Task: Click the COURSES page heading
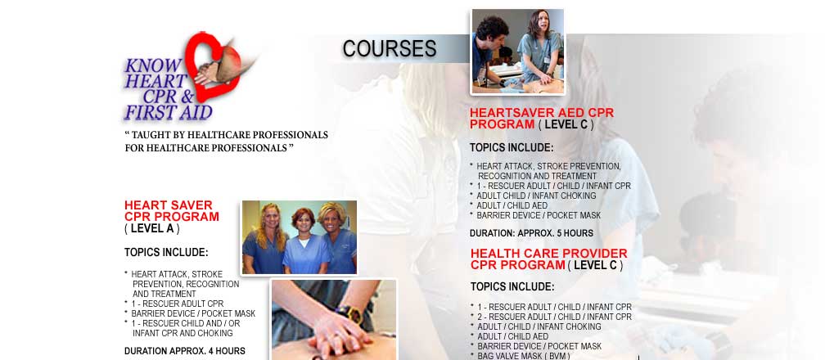pos(390,48)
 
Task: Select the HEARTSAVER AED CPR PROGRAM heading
pos(542,119)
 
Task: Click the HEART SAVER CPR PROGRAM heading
pos(172,210)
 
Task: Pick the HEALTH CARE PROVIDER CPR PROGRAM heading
pos(548,259)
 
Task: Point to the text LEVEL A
pos(152,229)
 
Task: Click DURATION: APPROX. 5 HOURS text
pos(531,233)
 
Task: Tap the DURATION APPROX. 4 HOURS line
pos(185,351)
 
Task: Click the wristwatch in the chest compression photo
pos(349,313)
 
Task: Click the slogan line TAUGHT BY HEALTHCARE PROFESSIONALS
pos(226,135)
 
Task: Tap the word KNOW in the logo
pos(153,65)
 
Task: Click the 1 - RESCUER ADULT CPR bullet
pos(178,304)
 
